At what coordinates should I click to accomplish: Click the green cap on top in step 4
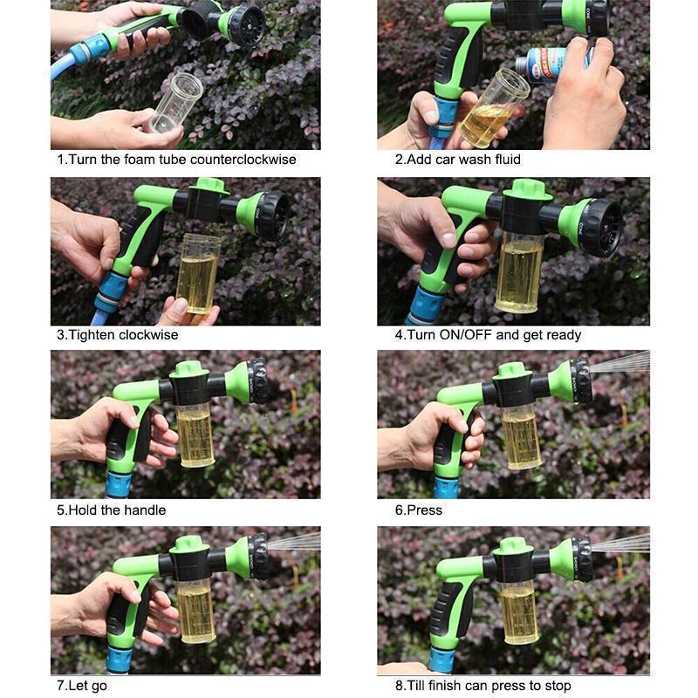tap(527, 189)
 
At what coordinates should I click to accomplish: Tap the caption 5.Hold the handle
tap(111, 510)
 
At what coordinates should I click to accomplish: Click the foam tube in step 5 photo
tap(195, 433)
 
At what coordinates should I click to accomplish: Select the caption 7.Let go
tap(82, 686)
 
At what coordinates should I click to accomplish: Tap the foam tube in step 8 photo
tap(520, 610)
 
